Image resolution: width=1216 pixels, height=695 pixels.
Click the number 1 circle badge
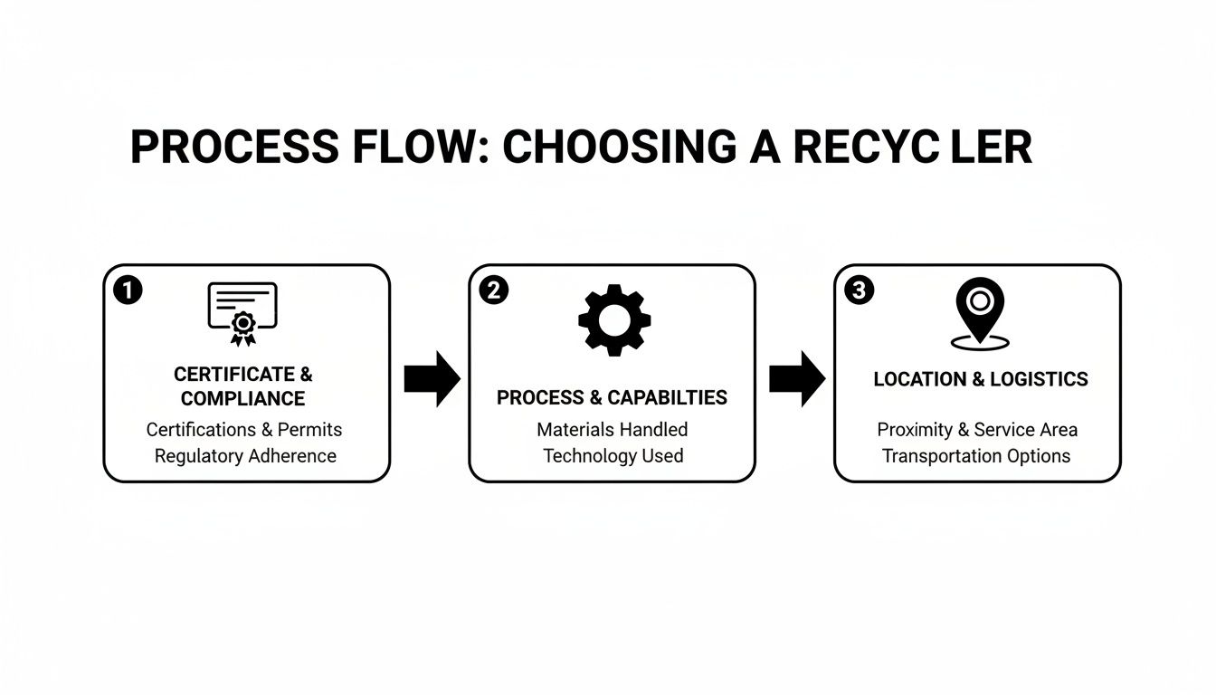[x=128, y=290]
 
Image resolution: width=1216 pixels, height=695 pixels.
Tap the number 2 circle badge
[x=493, y=290]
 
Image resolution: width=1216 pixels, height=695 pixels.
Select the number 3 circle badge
[x=859, y=290]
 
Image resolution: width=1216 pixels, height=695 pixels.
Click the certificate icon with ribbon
[x=242, y=313]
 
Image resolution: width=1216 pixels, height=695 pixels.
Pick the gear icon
[x=613, y=319]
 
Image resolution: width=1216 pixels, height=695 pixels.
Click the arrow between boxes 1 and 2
[x=432, y=378]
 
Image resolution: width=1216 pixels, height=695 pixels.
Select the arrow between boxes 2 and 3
[x=796, y=378]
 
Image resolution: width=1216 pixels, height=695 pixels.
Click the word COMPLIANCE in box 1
[x=242, y=399]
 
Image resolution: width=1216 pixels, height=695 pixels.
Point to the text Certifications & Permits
[x=244, y=429]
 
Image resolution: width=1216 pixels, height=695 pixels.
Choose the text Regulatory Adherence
[x=245, y=456]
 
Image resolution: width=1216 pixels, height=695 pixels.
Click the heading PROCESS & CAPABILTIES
[x=612, y=398]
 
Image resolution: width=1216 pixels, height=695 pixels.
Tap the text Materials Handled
[x=613, y=429]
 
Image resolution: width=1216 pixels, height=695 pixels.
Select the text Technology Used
[x=613, y=456]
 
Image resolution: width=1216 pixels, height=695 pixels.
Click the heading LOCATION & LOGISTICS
[x=981, y=379]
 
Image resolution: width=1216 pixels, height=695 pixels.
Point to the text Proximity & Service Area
[x=977, y=429]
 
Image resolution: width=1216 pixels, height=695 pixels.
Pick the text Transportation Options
[x=976, y=456]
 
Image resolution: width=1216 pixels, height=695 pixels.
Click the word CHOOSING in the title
[x=620, y=148]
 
